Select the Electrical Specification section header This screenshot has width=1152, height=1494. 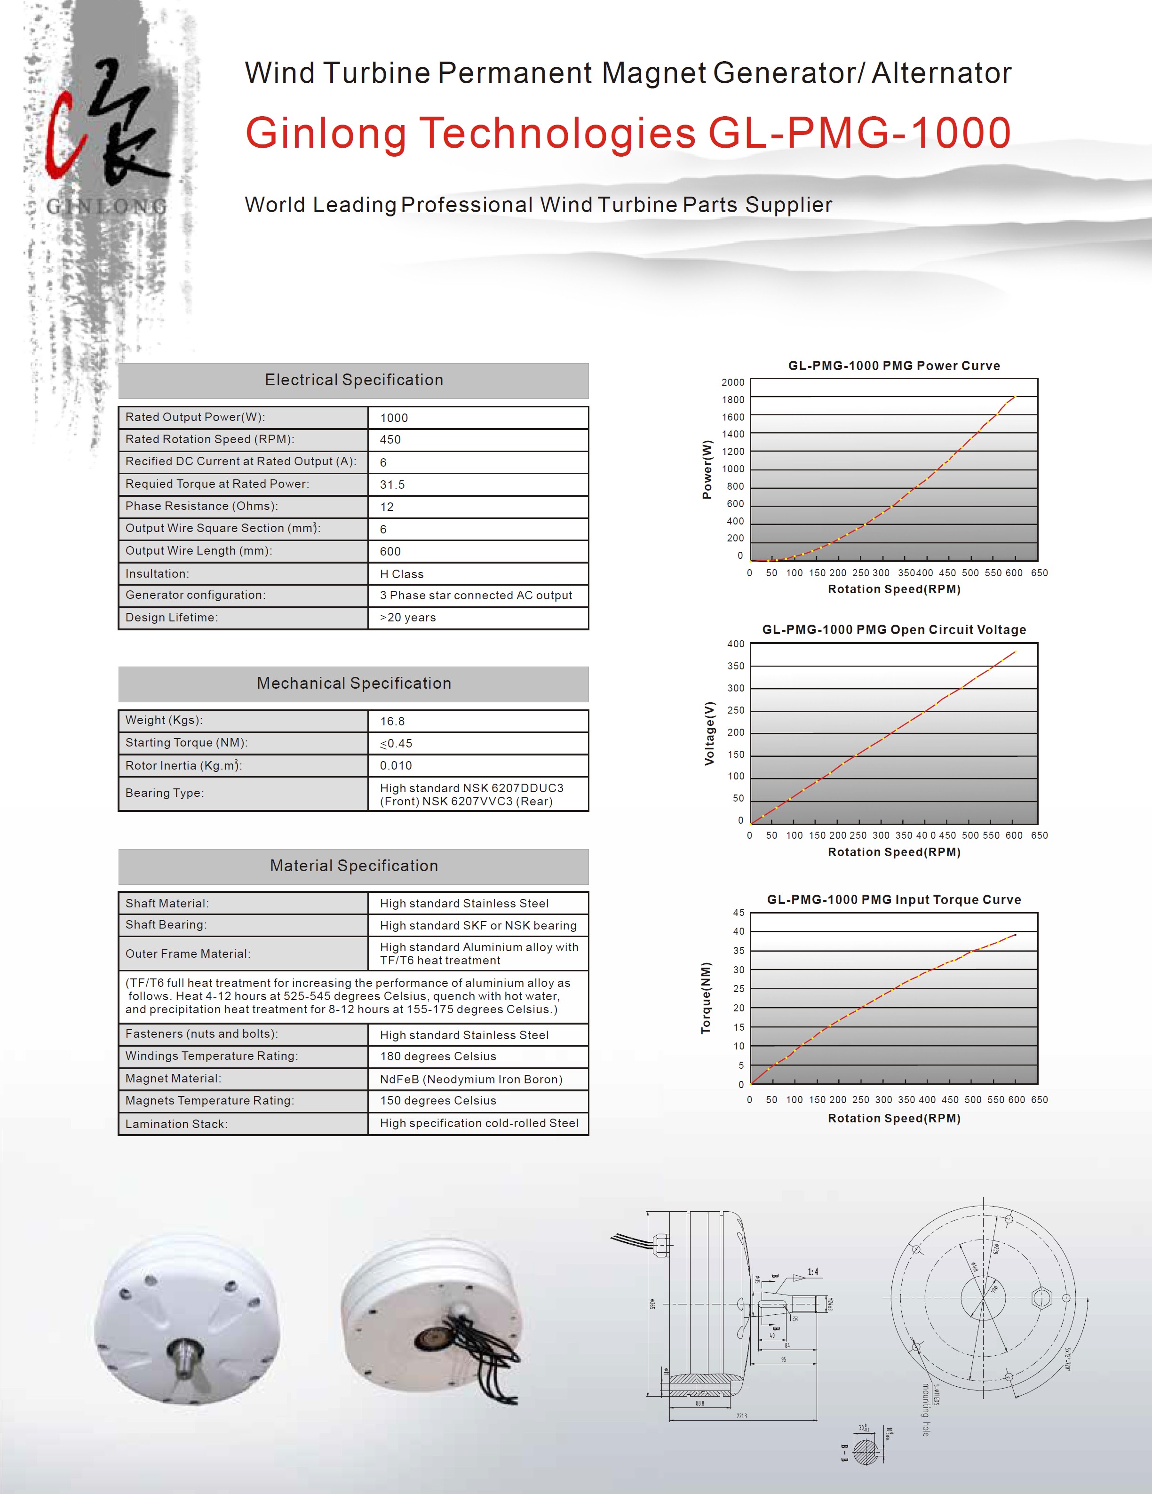point(354,381)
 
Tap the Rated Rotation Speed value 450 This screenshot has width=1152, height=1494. point(390,440)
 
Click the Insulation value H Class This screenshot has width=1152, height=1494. point(402,574)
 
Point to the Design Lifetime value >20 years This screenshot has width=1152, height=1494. point(408,618)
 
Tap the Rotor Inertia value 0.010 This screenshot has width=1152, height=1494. point(396,765)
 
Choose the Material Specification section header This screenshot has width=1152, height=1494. point(354,866)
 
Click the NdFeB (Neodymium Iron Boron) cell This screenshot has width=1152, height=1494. point(471,1080)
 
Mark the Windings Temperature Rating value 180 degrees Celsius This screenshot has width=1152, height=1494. point(438,1056)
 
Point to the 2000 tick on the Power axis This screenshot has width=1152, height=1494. point(733,382)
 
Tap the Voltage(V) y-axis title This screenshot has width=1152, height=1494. point(709,733)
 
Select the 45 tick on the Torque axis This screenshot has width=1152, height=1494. point(739,913)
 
